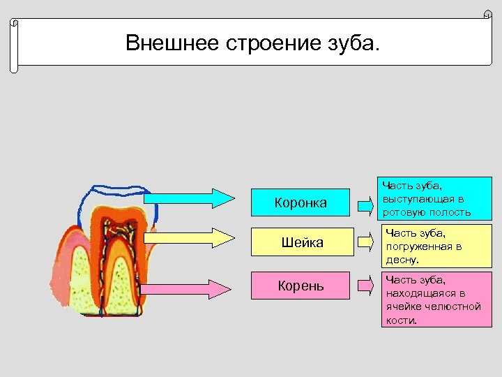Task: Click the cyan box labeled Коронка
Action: [x=300, y=203]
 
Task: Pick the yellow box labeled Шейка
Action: [x=300, y=243]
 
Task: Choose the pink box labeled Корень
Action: [x=300, y=286]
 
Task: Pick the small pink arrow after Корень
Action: [x=365, y=285]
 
